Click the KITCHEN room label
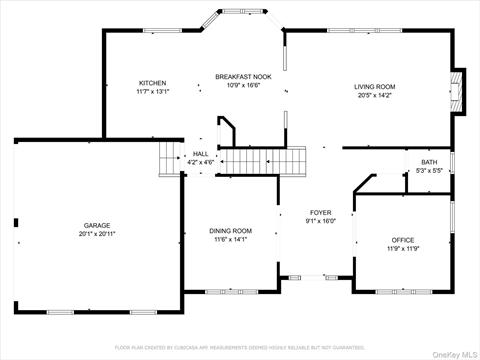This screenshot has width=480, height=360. pos(153,83)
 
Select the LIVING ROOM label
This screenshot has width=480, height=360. pos(375,87)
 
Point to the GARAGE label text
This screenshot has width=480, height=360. pos(97,226)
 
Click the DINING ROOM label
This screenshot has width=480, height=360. pos(230,231)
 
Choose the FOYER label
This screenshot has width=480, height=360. pos(320,213)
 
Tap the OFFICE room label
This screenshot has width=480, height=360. pos(403,240)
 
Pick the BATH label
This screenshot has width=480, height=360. pos(429,162)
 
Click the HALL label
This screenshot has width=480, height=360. pos(200,153)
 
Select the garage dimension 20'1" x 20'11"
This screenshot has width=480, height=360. pos(97,234)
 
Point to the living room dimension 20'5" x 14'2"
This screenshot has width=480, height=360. pos(375,96)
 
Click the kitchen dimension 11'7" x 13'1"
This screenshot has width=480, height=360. pos(153,91)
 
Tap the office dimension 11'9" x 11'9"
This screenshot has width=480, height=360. pos(403,248)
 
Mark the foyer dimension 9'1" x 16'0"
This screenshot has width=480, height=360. pos(320,221)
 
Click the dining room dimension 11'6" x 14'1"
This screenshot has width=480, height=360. pos(230,239)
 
